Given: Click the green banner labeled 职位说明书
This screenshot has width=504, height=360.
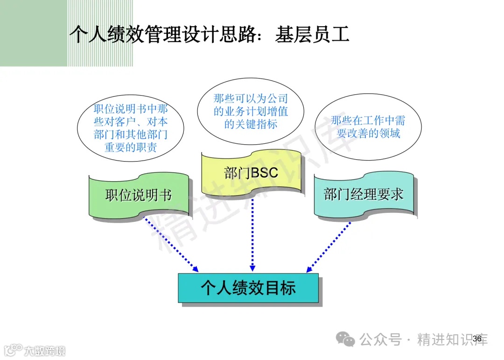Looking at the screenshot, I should tap(139, 195).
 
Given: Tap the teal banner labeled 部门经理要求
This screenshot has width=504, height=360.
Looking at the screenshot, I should tap(364, 195).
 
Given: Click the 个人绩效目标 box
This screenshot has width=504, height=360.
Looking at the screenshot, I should tap(248, 288).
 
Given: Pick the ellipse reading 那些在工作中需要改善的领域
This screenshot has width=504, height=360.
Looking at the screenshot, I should tap(368, 127).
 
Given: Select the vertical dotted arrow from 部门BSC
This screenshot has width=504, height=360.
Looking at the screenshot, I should tap(252, 233).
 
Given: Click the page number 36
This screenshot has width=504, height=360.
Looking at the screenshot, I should tap(477, 339).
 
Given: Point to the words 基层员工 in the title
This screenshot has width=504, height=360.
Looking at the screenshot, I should tap(312, 35).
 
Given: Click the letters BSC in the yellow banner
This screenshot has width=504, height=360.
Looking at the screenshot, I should tap(265, 173).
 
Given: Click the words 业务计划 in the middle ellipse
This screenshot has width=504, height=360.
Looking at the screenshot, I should tap(251, 112).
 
